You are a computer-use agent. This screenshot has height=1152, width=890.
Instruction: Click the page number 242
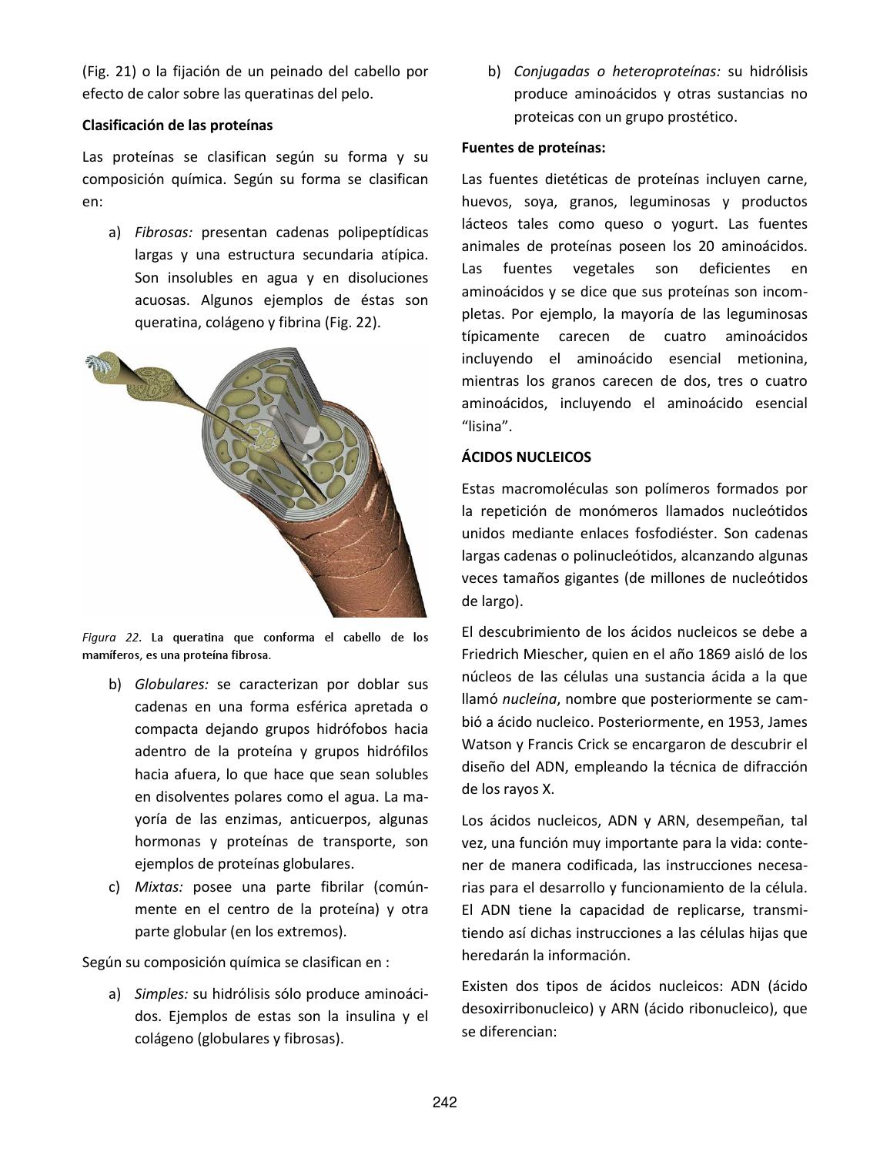(x=444, y=1102)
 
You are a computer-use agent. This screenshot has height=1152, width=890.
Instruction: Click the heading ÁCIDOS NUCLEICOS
(x=526, y=457)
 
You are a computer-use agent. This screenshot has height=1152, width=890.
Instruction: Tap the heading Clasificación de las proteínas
(x=177, y=125)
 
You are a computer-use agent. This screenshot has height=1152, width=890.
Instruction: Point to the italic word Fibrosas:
(x=163, y=233)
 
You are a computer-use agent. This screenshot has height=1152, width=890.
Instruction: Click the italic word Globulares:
(x=172, y=684)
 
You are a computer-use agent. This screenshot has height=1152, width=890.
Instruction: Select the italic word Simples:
(x=161, y=993)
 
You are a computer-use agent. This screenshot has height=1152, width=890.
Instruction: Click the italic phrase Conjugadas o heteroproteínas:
(x=617, y=72)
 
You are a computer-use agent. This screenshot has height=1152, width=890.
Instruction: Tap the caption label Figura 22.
(x=112, y=638)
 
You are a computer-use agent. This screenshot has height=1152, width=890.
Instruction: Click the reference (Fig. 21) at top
(x=107, y=72)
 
